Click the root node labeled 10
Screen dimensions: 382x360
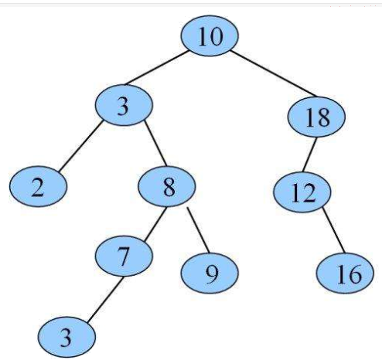pyautogui.click(x=210, y=36)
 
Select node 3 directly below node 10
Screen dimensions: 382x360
pyautogui.click(x=124, y=105)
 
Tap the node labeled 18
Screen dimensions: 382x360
pyautogui.click(x=316, y=117)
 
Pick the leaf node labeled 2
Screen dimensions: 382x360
pyautogui.click(x=39, y=186)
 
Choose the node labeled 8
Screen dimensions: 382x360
pyautogui.click(x=167, y=186)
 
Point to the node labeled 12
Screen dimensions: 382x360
pyautogui.click(x=302, y=192)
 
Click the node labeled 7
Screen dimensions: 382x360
pyautogui.click(x=124, y=256)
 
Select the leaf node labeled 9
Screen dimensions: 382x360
pyautogui.click(x=210, y=273)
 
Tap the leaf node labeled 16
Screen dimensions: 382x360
pyautogui.click(x=345, y=273)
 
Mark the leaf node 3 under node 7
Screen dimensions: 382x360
pyautogui.click(x=67, y=337)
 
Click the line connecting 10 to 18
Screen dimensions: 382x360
pyautogui.click(x=273, y=73)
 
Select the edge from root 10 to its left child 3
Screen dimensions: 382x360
pyautogui.click(x=156, y=68)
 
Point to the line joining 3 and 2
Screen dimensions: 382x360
pyautogui.click(x=80, y=146)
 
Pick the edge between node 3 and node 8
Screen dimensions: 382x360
pyautogui.click(x=155, y=143)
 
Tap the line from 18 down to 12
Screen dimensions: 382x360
pyautogui.click(x=309, y=155)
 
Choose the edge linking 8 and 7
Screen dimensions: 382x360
pyautogui.click(x=155, y=225)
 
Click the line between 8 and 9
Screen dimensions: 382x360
pyautogui.click(x=198, y=230)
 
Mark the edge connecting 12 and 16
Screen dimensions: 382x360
pyautogui.click(x=333, y=230)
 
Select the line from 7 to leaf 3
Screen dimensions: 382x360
pyautogui.click(x=105, y=299)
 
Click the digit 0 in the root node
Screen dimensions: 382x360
pyautogui.click(x=216, y=37)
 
